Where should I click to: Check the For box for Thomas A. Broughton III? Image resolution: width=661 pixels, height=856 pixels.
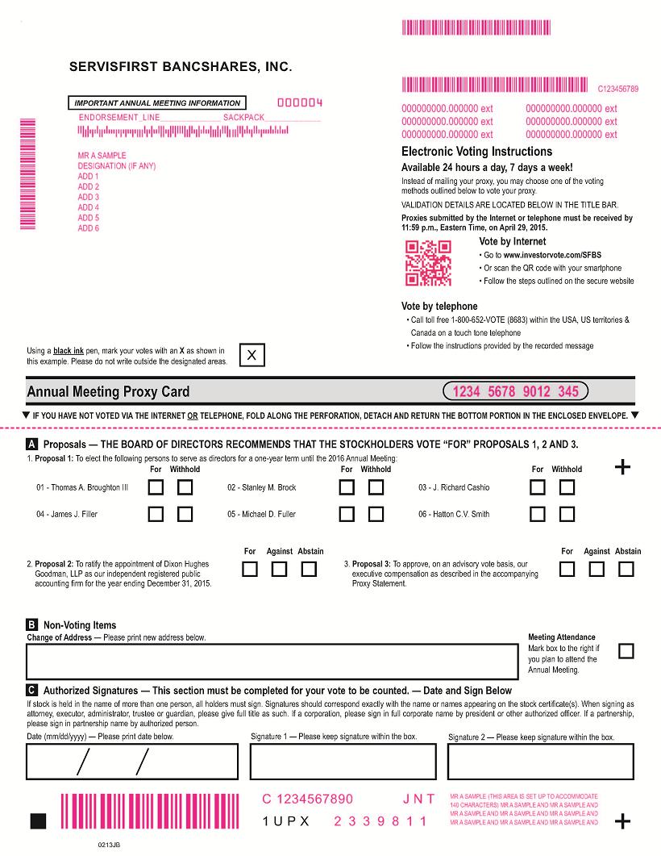(x=156, y=487)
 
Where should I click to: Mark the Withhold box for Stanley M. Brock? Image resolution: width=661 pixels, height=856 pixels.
(x=376, y=487)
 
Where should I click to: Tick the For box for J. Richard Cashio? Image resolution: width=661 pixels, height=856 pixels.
(x=538, y=487)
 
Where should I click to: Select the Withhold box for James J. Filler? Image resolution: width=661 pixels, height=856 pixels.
(x=185, y=514)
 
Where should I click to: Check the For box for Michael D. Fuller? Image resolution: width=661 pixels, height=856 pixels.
(x=347, y=514)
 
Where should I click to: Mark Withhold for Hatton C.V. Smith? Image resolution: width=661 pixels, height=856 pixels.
(x=567, y=514)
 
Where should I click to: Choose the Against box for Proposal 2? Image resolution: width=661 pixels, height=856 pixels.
(x=280, y=569)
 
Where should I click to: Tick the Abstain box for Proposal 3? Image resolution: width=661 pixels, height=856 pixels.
(x=626, y=569)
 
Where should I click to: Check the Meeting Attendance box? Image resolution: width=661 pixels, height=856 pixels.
(x=626, y=651)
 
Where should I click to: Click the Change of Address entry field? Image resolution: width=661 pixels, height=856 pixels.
(x=272, y=662)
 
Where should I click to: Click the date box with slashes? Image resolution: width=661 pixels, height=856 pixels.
(x=132, y=761)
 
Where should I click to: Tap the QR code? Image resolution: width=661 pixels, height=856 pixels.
(x=428, y=263)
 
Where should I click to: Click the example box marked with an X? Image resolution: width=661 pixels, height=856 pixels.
(x=252, y=355)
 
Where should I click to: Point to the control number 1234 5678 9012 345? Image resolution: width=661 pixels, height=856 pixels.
(x=516, y=392)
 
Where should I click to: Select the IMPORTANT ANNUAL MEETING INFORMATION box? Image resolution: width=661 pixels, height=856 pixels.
(x=157, y=103)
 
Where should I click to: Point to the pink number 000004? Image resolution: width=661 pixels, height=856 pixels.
(x=300, y=102)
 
